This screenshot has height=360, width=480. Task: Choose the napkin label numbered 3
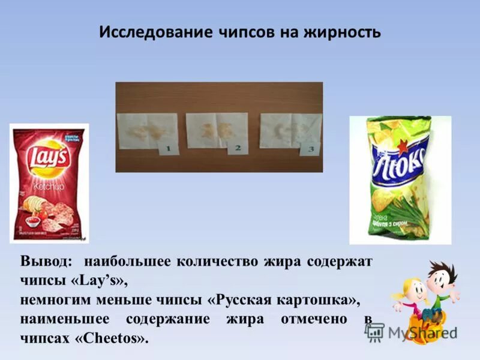coord(310,149)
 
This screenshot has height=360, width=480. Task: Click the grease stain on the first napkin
coord(140,128)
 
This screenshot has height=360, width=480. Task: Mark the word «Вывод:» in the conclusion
coord(47,262)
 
